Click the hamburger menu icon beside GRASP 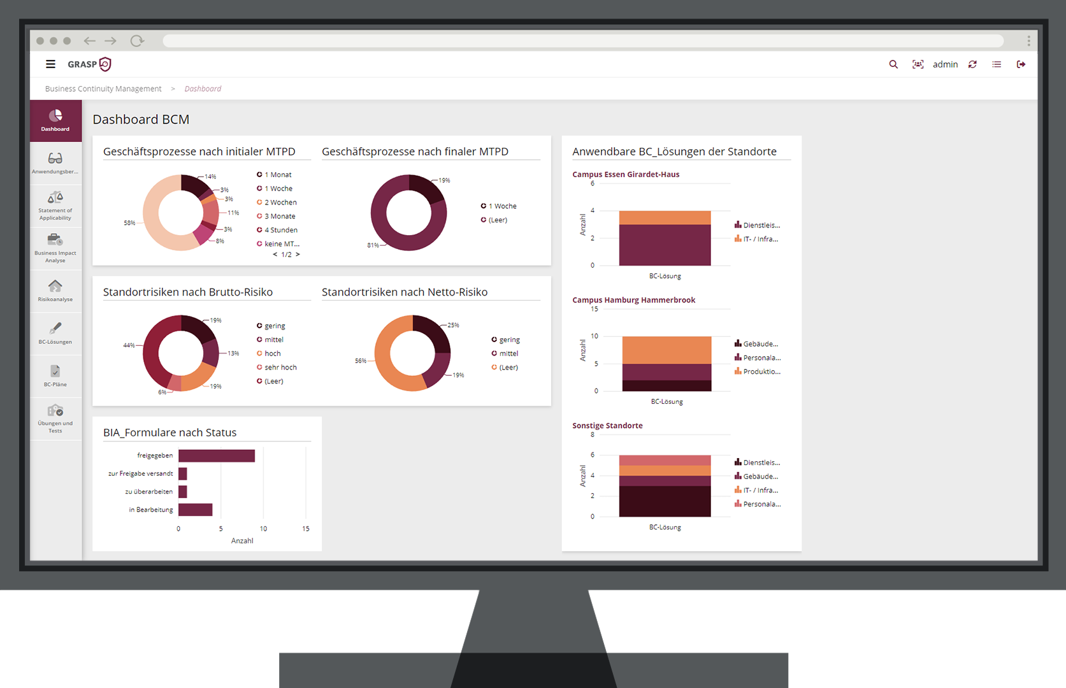(x=50, y=64)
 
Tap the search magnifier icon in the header (x=893, y=64)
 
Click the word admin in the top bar (x=945, y=64)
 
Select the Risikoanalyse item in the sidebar (x=55, y=290)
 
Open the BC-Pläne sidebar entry (x=55, y=375)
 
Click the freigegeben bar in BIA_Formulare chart (x=217, y=455)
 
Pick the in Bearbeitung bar (x=195, y=510)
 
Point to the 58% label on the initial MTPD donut (x=129, y=223)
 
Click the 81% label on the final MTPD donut (x=373, y=245)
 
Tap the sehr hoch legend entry (x=280, y=368)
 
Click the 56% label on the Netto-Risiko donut (x=361, y=361)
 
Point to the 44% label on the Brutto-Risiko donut (x=129, y=345)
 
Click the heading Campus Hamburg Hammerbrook (x=633, y=300)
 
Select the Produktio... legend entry (x=761, y=371)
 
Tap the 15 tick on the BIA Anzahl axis (x=306, y=529)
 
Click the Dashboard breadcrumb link (x=203, y=89)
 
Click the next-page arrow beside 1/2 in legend (x=298, y=255)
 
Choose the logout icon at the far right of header (x=1021, y=64)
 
